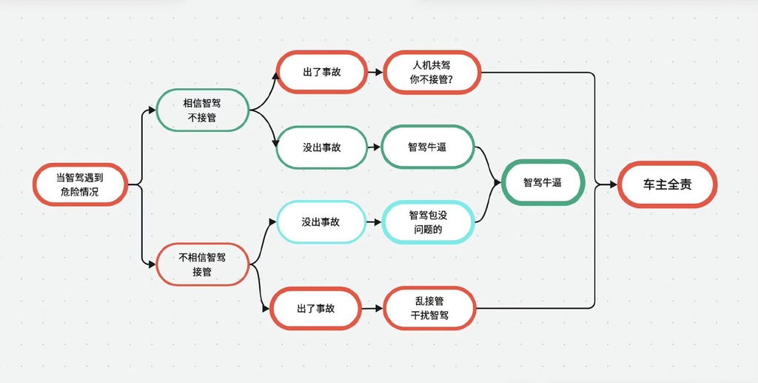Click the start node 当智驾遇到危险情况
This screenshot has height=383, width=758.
click(x=80, y=184)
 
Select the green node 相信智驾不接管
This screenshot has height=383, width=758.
click(x=203, y=110)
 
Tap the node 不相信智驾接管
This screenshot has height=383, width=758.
click(x=203, y=264)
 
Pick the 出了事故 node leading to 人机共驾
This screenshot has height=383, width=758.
click(x=322, y=72)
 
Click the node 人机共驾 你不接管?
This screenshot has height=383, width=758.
click(x=432, y=72)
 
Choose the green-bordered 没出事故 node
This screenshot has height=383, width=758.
click(x=322, y=147)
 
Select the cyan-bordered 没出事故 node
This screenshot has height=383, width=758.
click(x=321, y=222)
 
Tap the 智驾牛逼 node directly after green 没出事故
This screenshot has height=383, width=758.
click(x=427, y=147)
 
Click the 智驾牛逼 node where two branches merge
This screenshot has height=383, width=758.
click(x=543, y=183)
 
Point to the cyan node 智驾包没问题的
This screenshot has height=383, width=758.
click(x=428, y=222)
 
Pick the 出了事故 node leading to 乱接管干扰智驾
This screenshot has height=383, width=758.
click(x=315, y=308)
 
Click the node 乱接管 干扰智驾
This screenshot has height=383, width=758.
click(x=430, y=308)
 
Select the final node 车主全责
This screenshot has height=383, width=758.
click(x=667, y=184)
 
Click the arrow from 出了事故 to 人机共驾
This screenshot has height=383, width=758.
click(x=375, y=73)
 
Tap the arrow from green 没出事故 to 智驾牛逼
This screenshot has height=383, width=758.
click(x=375, y=147)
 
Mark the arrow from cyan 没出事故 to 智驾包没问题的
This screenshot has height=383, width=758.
click(x=374, y=222)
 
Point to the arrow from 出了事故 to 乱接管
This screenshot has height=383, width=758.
click(x=373, y=308)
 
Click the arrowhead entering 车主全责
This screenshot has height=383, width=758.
click(x=614, y=184)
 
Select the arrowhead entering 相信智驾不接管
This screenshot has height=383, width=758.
click(x=152, y=110)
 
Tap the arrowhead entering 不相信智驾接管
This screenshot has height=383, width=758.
click(x=152, y=264)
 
